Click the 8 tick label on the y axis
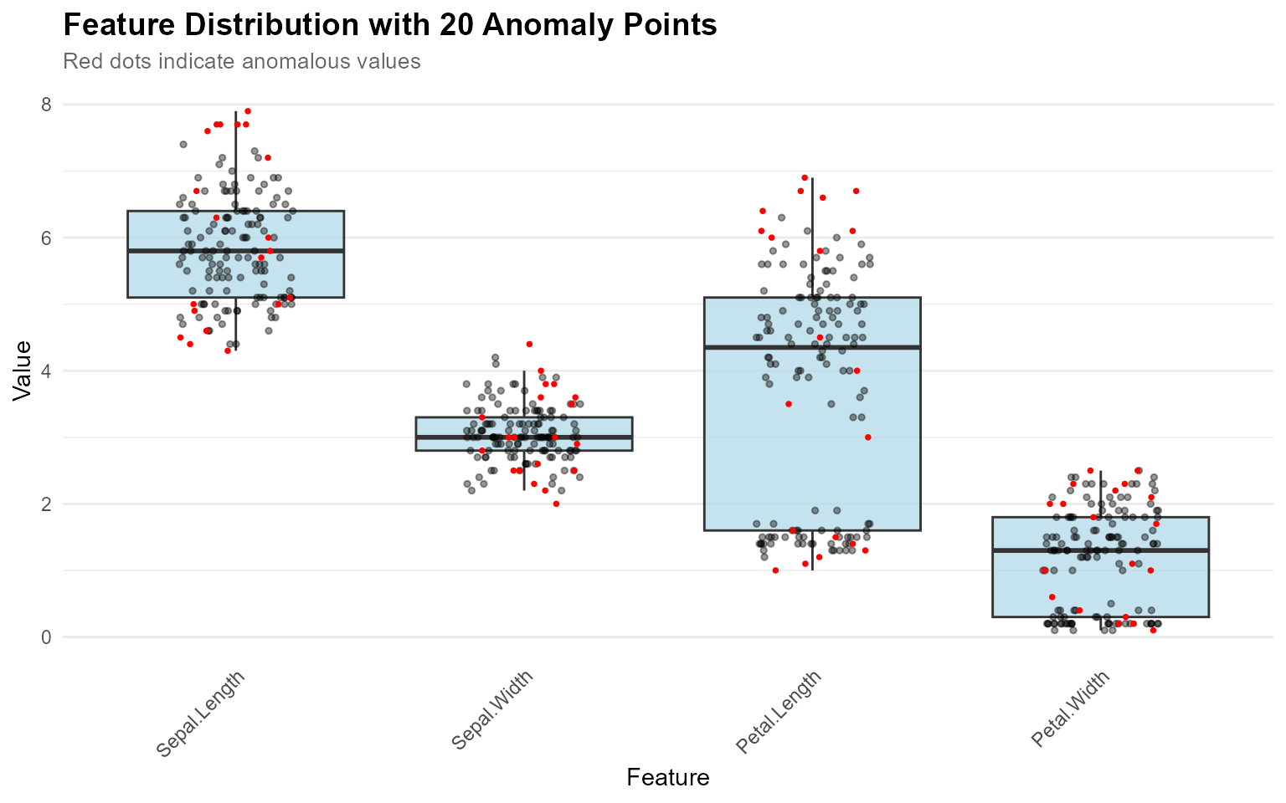click(46, 105)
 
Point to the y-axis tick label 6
click(46, 238)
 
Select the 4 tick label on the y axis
click(46, 371)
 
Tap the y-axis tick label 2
click(46, 504)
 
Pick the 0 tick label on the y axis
click(46, 637)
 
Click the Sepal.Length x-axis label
click(201, 713)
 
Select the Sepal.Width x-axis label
click(492, 710)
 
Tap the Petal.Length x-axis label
click(779, 712)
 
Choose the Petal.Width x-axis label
click(1070, 708)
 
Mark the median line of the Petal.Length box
click(812, 347)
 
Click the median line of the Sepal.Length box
click(236, 250)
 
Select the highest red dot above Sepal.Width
click(529, 344)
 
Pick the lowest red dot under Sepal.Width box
click(556, 504)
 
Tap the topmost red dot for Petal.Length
click(805, 177)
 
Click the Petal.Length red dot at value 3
click(868, 437)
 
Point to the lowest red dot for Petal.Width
click(1153, 631)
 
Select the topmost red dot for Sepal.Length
click(248, 111)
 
